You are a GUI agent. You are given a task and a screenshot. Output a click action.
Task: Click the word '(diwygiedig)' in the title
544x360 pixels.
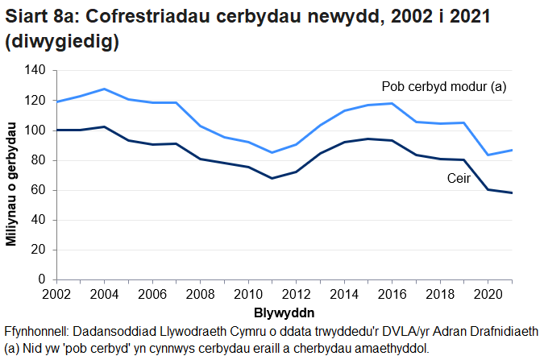point(62,43)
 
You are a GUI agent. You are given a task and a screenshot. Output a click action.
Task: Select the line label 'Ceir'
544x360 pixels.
point(459,178)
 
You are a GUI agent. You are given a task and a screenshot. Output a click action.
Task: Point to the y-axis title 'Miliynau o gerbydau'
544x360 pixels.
point(11,184)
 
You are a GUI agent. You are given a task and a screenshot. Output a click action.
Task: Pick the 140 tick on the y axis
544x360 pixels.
point(35,71)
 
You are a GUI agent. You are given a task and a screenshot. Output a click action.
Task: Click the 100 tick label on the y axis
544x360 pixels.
point(35,130)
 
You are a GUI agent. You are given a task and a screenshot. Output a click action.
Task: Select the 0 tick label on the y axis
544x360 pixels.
point(41,279)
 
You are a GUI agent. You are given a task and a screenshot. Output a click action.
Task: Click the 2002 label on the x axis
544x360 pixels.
point(56,294)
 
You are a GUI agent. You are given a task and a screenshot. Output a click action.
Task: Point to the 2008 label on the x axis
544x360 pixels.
point(201,294)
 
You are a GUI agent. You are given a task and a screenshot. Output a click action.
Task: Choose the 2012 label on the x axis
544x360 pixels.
point(297,294)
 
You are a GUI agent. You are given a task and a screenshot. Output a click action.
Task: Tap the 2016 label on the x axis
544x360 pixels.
point(392,294)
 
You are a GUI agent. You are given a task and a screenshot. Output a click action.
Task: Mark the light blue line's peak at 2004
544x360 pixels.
point(104,89)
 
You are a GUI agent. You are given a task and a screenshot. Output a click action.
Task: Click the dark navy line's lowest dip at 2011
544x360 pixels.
point(272,178)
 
